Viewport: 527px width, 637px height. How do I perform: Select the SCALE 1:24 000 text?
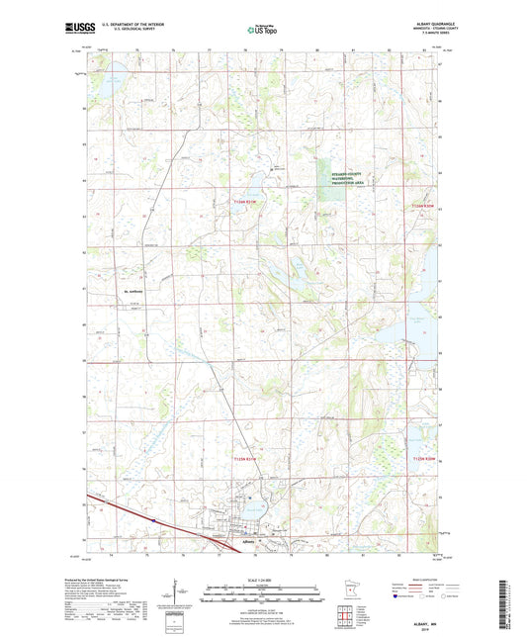tap(262, 580)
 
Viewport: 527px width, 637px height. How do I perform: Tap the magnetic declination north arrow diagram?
tap(177, 597)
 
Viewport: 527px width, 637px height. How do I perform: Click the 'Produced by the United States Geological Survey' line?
tap(115, 583)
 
